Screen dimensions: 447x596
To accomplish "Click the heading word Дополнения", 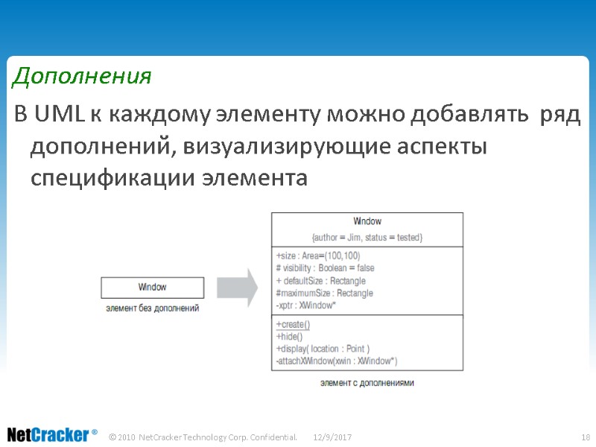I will coord(83,76).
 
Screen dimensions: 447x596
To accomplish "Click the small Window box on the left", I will coord(152,287).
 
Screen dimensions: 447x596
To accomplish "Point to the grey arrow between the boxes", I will coord(237,286).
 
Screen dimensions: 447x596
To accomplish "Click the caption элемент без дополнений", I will coord(153,308).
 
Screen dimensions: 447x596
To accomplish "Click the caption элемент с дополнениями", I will coord(367,382).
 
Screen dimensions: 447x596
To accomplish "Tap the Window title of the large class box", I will coord(367,221).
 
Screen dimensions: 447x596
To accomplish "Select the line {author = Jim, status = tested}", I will coord(367,237).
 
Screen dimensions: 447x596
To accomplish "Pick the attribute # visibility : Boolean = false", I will coord(325,268).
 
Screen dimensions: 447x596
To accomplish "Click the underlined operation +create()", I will coord(293,325).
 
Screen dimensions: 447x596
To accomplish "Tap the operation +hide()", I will coord(290,337).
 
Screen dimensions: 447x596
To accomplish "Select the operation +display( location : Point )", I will coord(323,349).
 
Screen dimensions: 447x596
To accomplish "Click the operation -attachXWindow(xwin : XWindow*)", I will coord(336,361).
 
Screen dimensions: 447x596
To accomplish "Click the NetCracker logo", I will coord(51,434).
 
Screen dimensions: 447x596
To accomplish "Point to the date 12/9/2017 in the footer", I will coord(332,436).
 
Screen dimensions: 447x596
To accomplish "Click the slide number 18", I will coord(585,436).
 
